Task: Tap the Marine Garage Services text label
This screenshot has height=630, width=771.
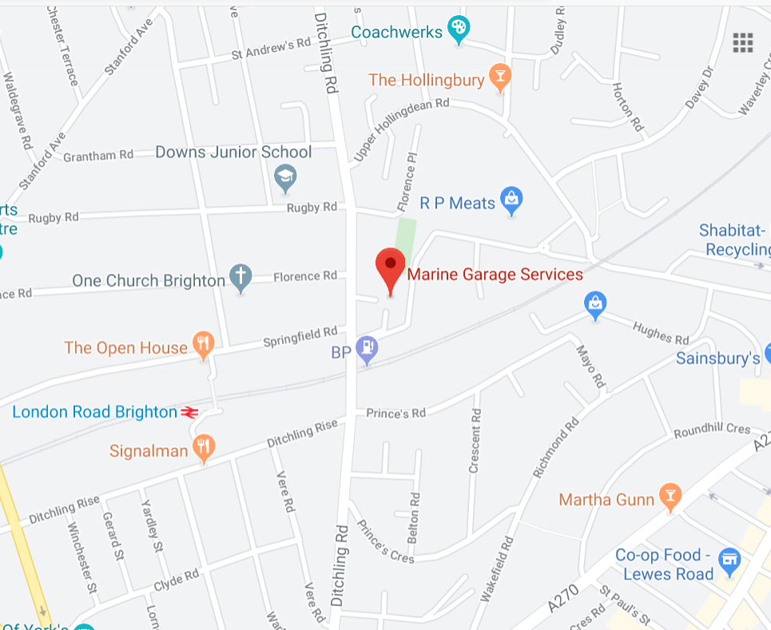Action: [x=495, y=275]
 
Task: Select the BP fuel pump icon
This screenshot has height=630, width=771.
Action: [x=367, y=349]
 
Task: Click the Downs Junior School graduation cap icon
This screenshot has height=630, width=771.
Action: [x=285, y=177]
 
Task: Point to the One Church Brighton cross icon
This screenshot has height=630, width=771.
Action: [x=240, y=277]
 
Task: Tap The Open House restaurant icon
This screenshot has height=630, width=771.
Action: [x=204, y=345]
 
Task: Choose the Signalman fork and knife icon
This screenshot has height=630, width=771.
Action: [x=205, y=448]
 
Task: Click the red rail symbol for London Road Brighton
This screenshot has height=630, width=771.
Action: [x=189, y=412]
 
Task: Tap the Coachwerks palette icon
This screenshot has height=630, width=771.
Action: [x=458, y=30]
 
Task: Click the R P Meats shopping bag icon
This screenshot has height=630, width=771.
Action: [x=511, y=200]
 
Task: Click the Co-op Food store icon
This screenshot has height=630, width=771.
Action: [x=729, y=561]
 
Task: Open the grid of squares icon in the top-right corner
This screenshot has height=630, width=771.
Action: [x=743, y=43]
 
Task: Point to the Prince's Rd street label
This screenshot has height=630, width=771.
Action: [x=396, y=413]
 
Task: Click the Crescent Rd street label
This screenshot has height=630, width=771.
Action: [x=476, y=441]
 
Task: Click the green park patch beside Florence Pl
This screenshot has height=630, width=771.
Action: [x=406, y=232]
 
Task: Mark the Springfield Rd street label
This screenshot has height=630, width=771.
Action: [x=300, y=338]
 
